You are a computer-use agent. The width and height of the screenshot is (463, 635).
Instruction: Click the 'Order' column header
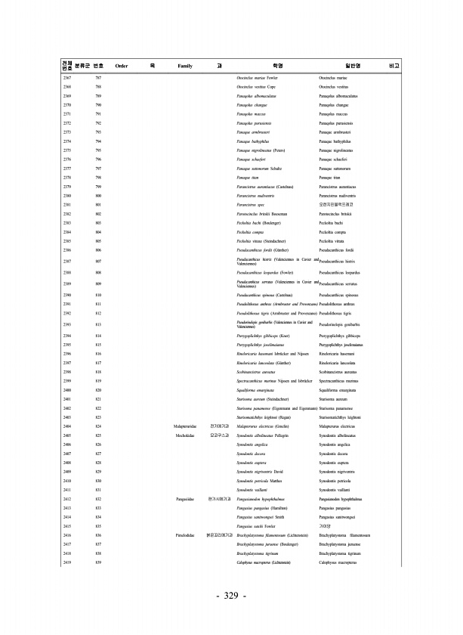pyautogui.click(x=121, y=67)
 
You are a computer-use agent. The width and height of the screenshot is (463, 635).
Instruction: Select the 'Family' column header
pyautogui.click(x=185, y=67)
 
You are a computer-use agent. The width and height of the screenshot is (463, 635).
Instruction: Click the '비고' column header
pyautogui.click(x=392, y=67)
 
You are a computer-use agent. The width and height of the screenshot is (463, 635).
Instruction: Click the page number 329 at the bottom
pyautogui.click(x=231, y=597)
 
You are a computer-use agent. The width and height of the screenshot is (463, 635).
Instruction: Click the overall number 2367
pyautogui.click(x=66, y=79)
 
